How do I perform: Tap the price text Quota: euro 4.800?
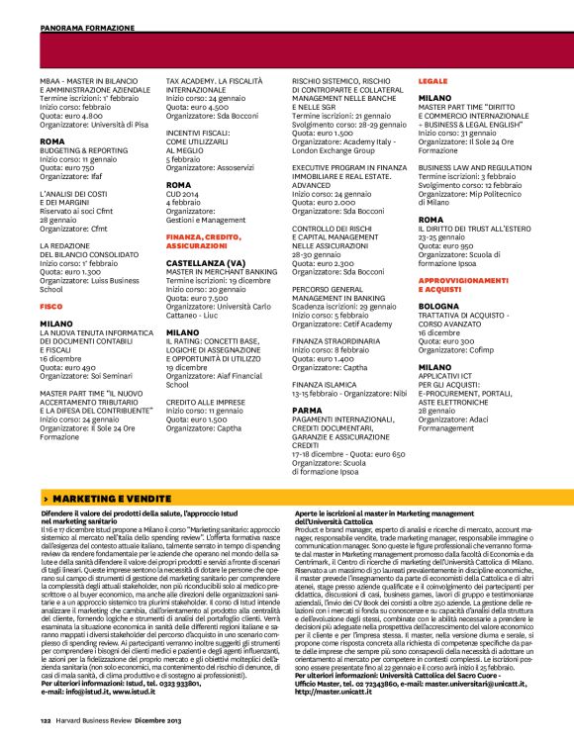(71, 116)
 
